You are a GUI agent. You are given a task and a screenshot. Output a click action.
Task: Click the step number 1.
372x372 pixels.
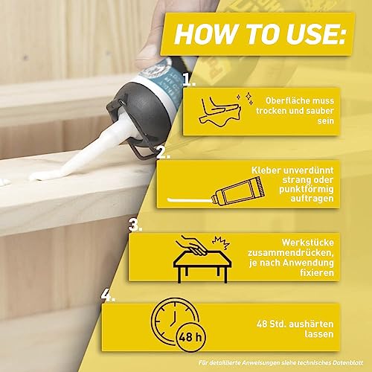(189, 80)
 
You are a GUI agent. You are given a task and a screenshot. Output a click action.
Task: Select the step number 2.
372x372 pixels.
(163, 153)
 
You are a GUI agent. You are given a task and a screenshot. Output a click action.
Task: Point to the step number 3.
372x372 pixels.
(135, 225)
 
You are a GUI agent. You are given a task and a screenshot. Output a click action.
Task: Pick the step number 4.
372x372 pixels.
(108, 295)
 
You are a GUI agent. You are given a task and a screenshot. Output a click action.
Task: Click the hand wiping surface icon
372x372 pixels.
(219, 110)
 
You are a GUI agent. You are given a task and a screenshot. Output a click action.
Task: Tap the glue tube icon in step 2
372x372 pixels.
(238, 190)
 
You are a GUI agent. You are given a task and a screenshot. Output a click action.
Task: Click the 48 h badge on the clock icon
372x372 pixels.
(190, 337)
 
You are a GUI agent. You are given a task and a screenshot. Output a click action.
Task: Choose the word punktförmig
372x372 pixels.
(307, 189)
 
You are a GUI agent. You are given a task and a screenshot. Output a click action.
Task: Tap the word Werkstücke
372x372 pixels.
(307, 243)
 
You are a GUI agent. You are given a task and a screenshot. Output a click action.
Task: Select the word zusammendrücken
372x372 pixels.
(290, 253)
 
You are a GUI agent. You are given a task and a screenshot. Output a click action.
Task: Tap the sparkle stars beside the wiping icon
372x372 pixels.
(245, 98)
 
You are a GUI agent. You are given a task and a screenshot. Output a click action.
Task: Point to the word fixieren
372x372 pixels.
(317, 272)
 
